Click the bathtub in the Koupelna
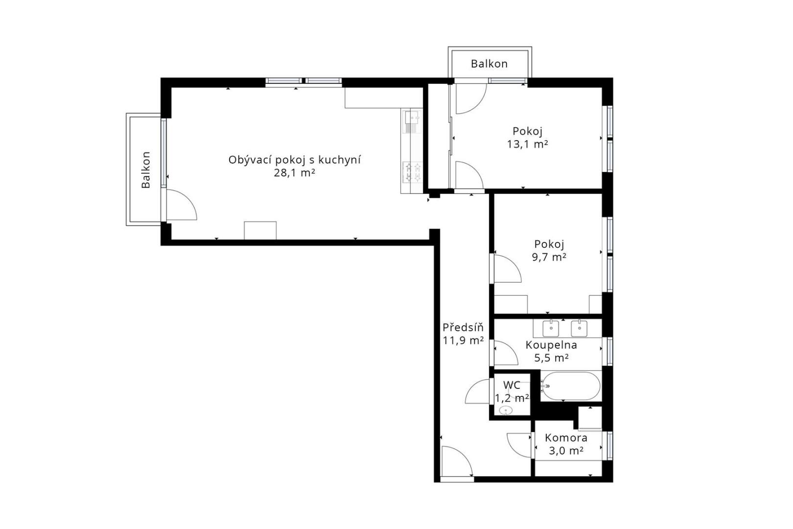coord(571,386)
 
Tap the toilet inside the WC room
coord(506,410)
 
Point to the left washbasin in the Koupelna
coord(551,328)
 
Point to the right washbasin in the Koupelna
coord(579,328)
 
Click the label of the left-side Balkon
coord(146,169)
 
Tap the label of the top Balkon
coord(489,64)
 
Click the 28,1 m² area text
coord(295,173)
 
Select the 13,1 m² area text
coord(528,144)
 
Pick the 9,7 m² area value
coord(549,257)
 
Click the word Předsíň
coord(463,327)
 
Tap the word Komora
coord(566,438)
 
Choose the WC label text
coord(512,385)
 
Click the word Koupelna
coord(551,345)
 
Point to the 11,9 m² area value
coord(463,341)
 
